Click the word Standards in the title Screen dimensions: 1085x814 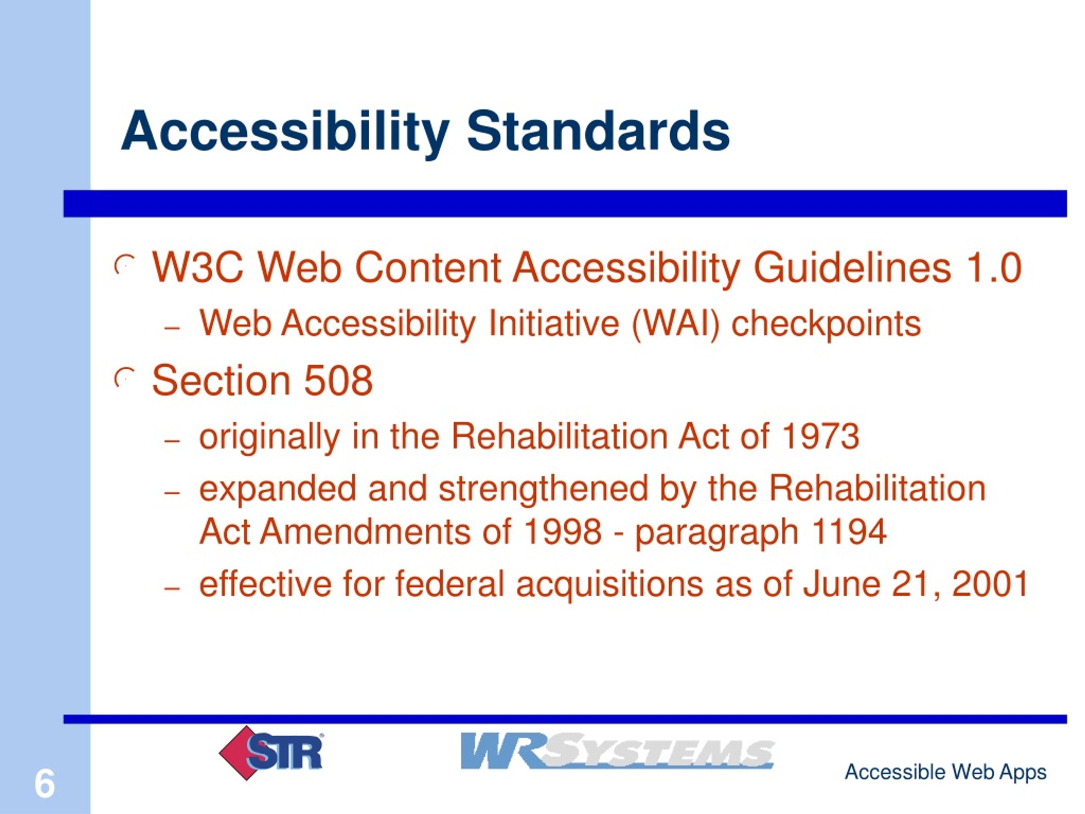pyautogui.click(x=598, y=131)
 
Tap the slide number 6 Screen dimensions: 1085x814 pyautogui.click(x=45, y=783)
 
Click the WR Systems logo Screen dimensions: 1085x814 pyautogui.click(x=617, y=751)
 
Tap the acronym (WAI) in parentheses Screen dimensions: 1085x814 pyautogui.click(x=676, y=324)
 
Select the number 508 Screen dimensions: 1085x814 pyautogui.click(x=338, y=380)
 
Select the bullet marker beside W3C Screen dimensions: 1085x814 pyautogui.click(x=124, y=265)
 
